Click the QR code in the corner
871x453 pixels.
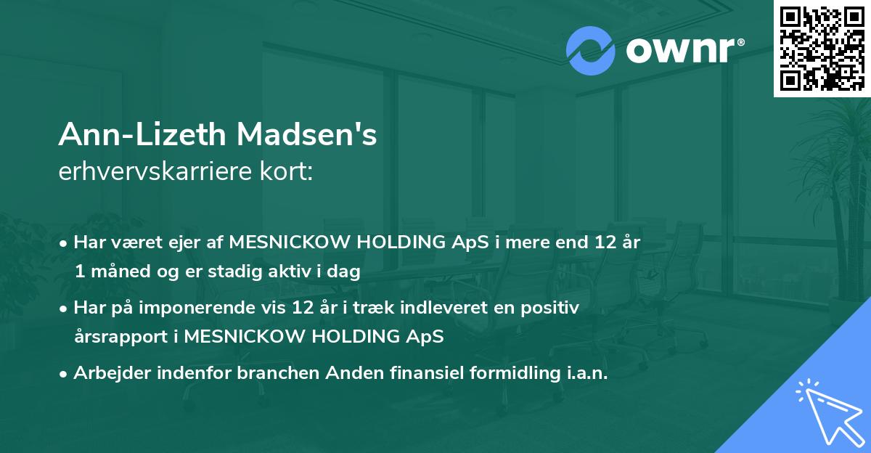tap(821, 49)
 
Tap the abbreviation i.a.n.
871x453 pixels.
tap(586, 373)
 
